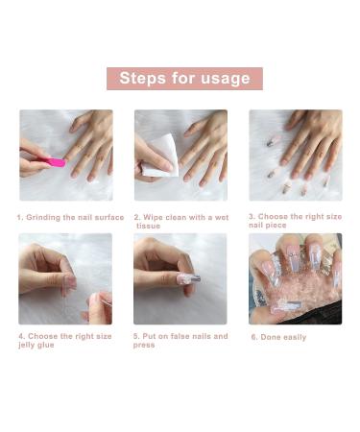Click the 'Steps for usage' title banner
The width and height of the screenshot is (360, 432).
tap(183, 79)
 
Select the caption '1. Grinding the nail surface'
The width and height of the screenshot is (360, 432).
tap(70, 217)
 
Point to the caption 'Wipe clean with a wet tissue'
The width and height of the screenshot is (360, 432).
tap(181, 221)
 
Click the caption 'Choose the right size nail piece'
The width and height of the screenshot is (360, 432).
tap(296, 221)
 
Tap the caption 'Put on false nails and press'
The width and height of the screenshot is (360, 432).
tap(181, 340)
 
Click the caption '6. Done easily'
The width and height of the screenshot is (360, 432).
tap(278, 337)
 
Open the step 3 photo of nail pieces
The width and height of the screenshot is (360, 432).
tap(295, 155)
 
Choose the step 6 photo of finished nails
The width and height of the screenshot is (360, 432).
tap(295, 278)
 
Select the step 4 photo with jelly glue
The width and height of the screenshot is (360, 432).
tap(65, 278)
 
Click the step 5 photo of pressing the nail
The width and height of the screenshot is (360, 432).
tap(180, 278)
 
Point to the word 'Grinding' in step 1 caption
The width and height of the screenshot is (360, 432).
tap(45, 217)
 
